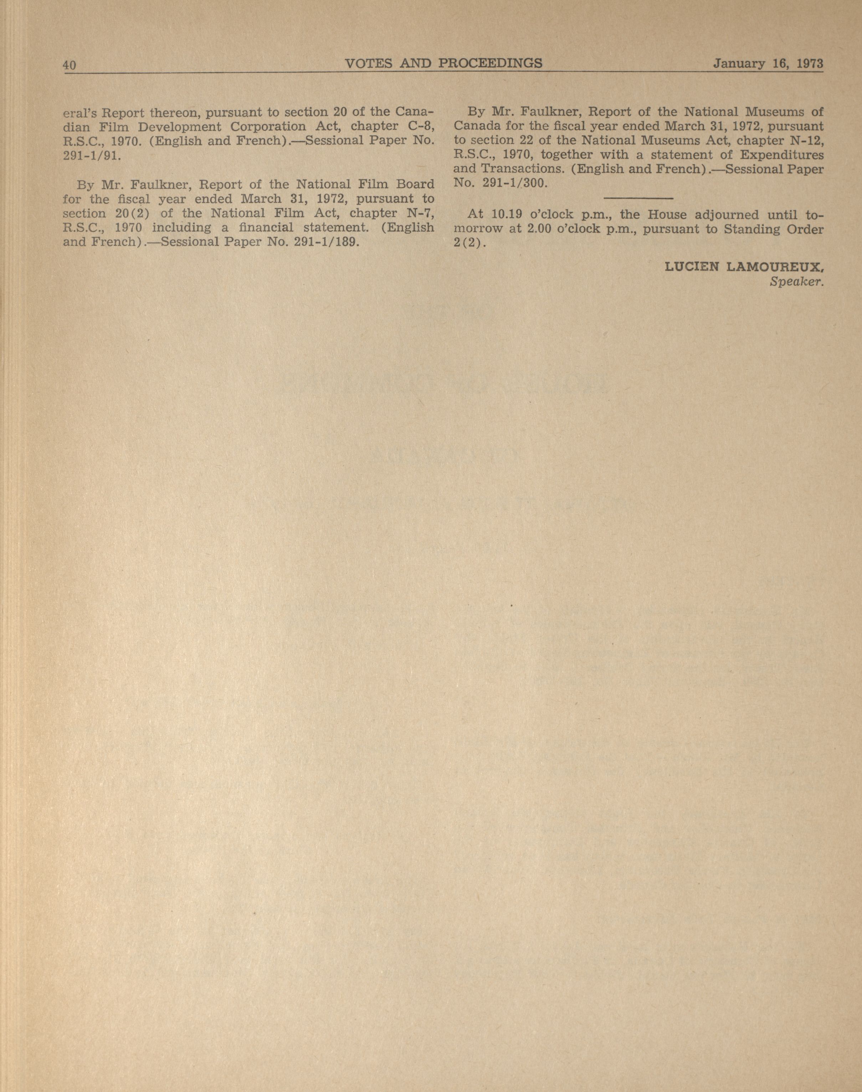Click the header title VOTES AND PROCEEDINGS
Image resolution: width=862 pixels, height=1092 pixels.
click(x=443, y=63)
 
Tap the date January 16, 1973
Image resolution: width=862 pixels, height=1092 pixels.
click(x=768, y=64)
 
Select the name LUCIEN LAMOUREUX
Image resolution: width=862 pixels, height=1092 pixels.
click(x=744, y=267)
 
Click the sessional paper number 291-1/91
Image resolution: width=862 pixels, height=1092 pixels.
click(x=92, y=155)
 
